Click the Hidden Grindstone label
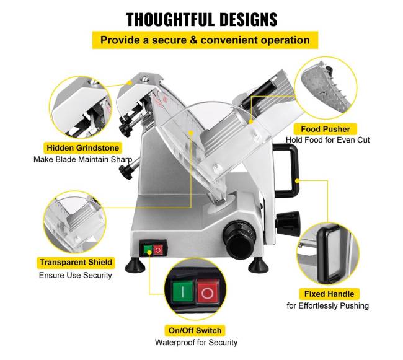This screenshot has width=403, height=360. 82,148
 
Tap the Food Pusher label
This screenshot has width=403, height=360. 325,129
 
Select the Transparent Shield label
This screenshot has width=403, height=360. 76,263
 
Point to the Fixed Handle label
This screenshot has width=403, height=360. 329,294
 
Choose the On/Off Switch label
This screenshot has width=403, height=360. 195,330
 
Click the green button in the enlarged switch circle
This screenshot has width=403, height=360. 183,291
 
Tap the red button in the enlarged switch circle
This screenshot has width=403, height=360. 208,293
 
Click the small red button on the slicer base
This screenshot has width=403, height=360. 157,250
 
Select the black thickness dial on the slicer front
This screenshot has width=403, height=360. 239,239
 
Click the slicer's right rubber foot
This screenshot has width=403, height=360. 259,265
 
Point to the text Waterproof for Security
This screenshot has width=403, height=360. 196,342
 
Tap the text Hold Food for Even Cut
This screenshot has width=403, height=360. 328,140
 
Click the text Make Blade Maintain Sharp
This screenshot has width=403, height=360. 82,159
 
